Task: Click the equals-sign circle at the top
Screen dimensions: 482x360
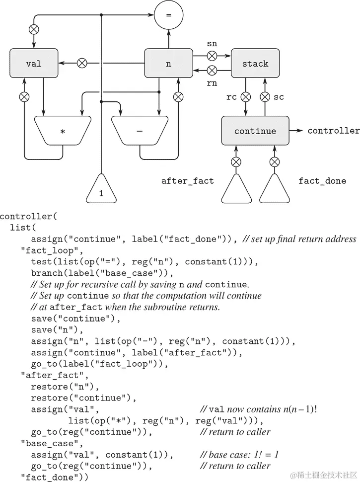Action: pos(168,15)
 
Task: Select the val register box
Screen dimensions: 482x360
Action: pos(34,64)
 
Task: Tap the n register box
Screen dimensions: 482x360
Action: pos(168,64)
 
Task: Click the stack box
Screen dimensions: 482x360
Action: pos(255,64)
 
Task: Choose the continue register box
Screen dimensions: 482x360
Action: pos(255,131)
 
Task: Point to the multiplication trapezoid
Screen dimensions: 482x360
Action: pos(63,131)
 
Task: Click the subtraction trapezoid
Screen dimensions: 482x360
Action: pos(140,131)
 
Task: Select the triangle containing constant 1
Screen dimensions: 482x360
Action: pos(101,190)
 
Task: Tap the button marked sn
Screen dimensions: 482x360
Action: pos(212,55)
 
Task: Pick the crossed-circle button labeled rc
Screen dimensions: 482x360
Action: pos(244,97)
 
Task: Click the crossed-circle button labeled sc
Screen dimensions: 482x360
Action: pos(265,97)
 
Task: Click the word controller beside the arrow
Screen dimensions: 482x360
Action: pos(333,131)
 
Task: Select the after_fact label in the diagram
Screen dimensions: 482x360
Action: pos(187,181)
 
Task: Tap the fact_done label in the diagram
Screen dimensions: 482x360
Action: pos(322,181)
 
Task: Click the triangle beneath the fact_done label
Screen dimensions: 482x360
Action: pos(275,189)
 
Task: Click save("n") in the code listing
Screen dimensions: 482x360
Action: pos(54,330)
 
